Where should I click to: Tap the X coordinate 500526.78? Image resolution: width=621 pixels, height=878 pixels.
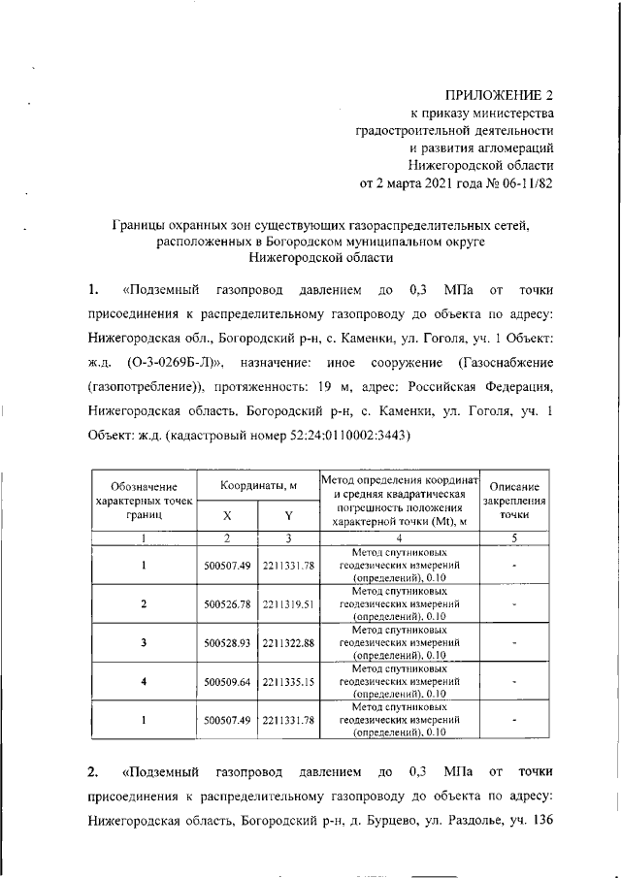tap(228, 602)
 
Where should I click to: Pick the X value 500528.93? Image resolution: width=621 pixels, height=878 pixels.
tap(228, 642)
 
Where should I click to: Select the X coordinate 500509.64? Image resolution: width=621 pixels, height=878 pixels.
tap(228, 681)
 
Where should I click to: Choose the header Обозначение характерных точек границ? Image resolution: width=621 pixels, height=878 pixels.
tap(143, 501)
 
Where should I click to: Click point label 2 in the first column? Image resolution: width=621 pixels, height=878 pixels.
tap(143, 602)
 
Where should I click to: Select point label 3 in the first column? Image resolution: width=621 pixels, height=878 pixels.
tap(143, 642)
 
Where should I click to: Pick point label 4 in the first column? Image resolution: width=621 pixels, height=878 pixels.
tap(143, 681)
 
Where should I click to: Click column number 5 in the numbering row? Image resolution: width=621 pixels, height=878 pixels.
tap(515, 537)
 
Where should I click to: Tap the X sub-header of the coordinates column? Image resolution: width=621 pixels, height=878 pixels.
tap(227, 517)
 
